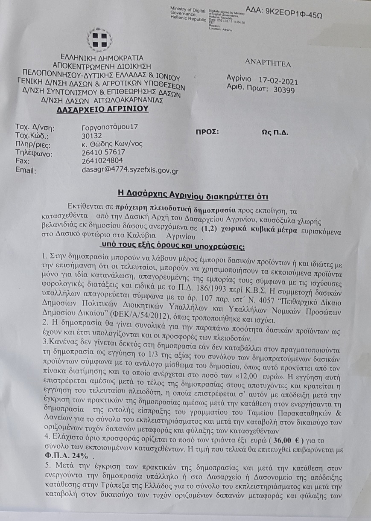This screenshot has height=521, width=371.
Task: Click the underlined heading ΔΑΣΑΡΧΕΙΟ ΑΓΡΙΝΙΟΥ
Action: tap(103, 109)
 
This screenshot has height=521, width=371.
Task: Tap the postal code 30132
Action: tap(92, 136)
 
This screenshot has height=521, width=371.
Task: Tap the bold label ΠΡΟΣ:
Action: tap(207, 131)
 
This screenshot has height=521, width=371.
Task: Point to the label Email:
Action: tap(25, 171)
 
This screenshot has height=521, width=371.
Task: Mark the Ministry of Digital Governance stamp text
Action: tap(189, 13)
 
